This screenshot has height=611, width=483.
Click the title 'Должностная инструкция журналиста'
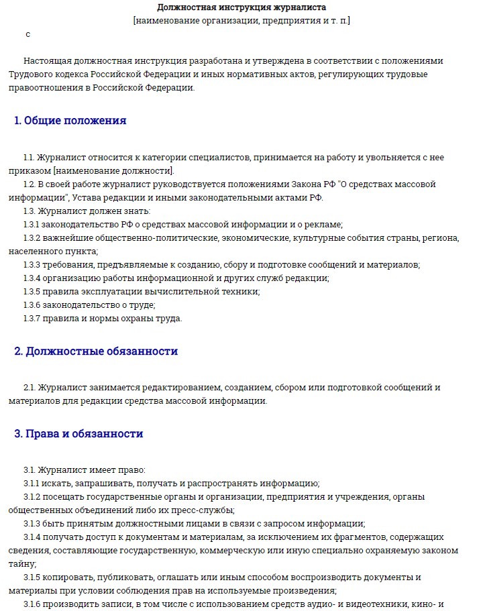click(x=241, y=7)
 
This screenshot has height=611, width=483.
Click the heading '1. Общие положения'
click(x=70, y=121)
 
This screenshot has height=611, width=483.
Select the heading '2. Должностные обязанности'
click(x=96, y=351)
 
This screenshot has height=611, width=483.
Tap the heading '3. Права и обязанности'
click(x=78, y=433)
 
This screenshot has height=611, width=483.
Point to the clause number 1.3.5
click(x=31, y=291)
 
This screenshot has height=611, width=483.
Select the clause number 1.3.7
click(x=31, y=318)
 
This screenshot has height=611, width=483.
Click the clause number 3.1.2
click(x=31, y=496)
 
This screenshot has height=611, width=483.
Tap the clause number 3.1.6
click(x=31, y=604)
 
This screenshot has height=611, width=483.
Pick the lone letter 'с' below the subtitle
click(x=28, y=34)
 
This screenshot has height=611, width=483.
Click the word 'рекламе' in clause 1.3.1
click(x=325, y=224)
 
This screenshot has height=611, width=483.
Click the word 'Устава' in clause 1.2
click(x=88, y=197)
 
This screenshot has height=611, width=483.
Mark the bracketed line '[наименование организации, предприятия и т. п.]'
click(x=241, y=20)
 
